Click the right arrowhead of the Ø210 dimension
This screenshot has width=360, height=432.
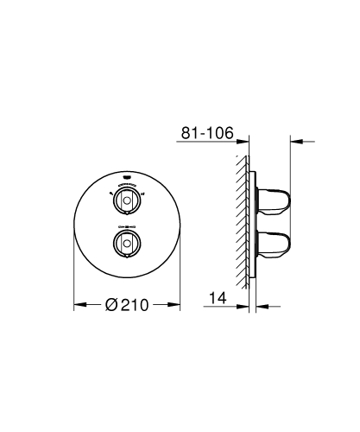coord(175,304)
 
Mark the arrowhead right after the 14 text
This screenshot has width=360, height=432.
coord(244,304)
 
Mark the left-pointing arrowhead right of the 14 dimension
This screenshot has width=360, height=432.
coord(260,304)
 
